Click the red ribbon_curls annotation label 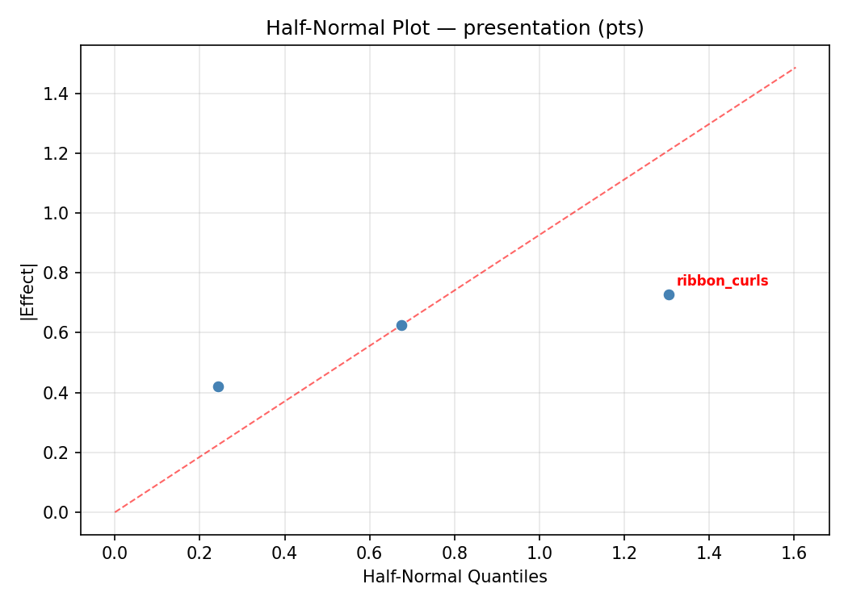722,282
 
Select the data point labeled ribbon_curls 669,294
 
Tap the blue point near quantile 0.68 401,325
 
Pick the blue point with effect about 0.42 218,386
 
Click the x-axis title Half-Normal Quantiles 455,578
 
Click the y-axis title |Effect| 28,290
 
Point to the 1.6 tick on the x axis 794,553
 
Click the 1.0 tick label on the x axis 539,553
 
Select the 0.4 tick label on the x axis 284,553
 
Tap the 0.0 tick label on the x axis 115,553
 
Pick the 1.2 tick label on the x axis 624,553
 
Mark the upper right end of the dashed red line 796,68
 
